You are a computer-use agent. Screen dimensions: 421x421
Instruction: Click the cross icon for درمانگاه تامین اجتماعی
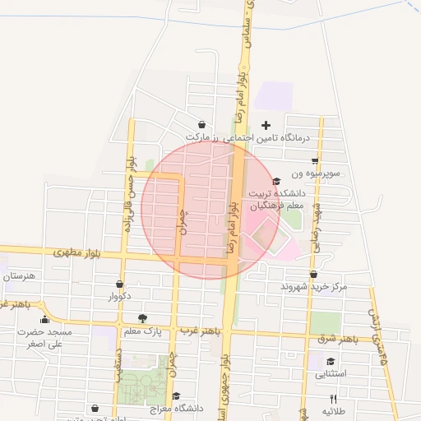(x=265, y=125)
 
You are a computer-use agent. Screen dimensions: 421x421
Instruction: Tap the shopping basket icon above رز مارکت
(x=202, y=124)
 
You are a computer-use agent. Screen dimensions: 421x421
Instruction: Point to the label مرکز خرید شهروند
(x=314, y=286)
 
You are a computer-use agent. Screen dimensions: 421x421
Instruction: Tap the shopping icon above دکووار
(x=120, y=284)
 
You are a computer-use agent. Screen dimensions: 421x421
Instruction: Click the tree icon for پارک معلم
(x=142, y=317)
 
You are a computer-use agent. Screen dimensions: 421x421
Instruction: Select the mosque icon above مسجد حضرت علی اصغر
(x=45, y=320)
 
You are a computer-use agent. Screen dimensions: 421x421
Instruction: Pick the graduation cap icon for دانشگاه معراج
(x=176, y=396)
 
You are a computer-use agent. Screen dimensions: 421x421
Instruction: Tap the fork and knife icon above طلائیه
(x=333, y=398)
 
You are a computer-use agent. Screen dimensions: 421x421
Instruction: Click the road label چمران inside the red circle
(x=183, y=219)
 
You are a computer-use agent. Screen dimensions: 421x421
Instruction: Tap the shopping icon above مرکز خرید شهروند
(x=313, y=275)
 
